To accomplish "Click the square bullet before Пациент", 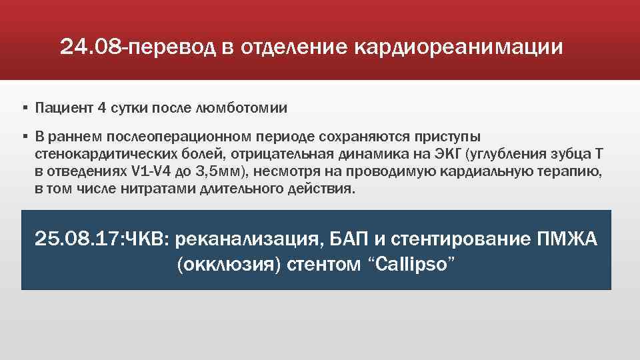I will pyautogui.click(x=24, y=107).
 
